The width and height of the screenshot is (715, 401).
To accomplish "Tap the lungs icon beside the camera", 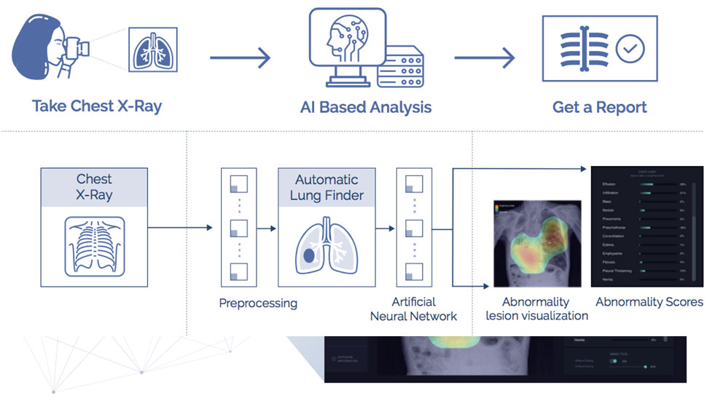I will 152,50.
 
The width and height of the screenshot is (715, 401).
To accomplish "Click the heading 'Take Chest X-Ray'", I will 97,106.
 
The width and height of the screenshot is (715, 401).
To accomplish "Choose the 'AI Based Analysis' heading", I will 366,107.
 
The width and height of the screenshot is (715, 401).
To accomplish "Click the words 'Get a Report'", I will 599,107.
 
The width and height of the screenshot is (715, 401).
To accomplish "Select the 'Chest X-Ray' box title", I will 94,186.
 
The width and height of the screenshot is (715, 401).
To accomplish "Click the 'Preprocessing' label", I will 258,303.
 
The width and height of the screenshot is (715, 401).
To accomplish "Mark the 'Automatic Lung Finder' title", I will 327,187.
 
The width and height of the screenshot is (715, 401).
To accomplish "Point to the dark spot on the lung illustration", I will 308,255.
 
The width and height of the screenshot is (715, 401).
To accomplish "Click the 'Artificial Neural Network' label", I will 413,309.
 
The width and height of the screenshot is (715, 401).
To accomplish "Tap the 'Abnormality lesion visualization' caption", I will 536,309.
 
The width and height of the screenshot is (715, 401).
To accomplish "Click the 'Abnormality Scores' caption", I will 649,301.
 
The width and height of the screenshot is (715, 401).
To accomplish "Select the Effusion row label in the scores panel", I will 610,185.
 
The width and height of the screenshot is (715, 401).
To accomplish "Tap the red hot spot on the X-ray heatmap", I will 552,234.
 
